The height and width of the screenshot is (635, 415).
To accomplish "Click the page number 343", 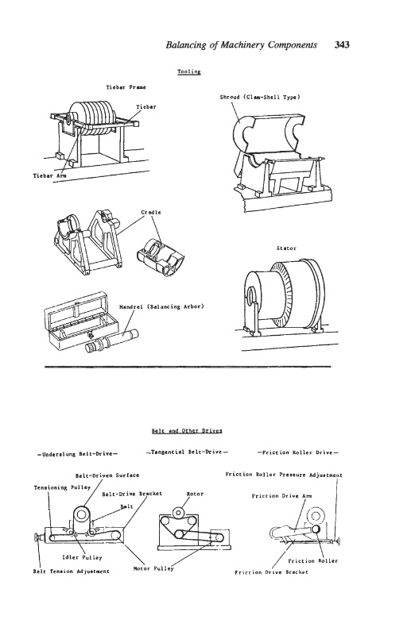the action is tap(342, 45).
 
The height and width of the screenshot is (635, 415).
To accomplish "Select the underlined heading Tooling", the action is tap(189, 71).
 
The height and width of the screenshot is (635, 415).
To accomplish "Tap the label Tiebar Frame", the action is tap(126, 87).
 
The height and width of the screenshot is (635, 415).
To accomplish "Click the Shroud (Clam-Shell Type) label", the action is tap(260, 97).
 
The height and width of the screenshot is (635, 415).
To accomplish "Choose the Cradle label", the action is tap(151, 212).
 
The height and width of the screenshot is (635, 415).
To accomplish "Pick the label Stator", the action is tap(286, 248).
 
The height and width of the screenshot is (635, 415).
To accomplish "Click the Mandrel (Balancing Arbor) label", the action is tap(161, 306).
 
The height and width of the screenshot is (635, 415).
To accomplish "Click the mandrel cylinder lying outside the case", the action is tap(111, 341).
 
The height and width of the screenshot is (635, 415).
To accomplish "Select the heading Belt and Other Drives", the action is tap(187, 430).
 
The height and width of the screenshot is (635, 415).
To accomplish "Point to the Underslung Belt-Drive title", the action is tap(77, 453).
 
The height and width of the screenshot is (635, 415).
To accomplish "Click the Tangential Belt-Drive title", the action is tap(187, 452).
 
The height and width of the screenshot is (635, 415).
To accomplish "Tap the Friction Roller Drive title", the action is tap(298, 452).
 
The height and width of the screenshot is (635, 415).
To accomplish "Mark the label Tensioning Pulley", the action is tap(62, 487).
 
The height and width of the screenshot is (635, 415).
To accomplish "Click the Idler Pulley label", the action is tap(82, 557).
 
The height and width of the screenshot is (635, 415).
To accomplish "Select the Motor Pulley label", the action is tap(153, 568).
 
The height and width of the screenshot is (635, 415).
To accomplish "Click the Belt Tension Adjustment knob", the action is tap(39, 537).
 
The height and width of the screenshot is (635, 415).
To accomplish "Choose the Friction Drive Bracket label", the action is tap(271, 572).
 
